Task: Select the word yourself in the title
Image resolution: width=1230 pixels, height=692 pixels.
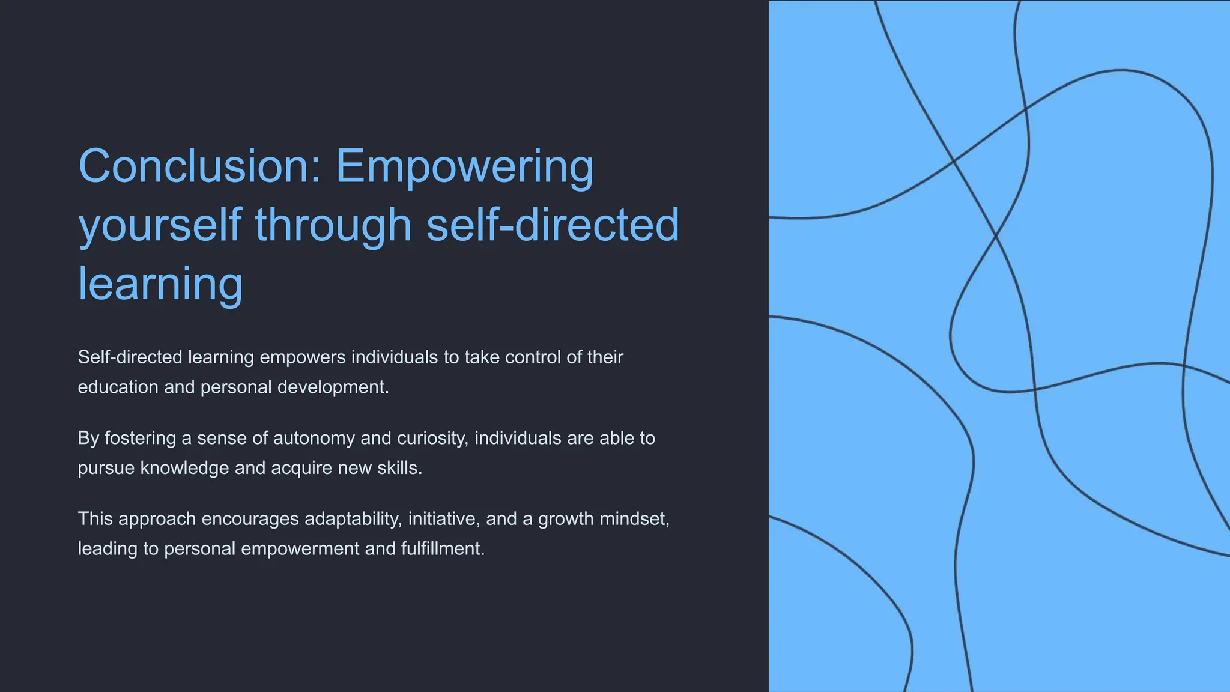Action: [160, 225]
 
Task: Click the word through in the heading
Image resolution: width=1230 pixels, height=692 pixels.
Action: [333, 225]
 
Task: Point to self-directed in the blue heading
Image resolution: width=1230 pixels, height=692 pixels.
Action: [553, 225]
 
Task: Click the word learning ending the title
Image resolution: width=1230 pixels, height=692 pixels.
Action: [160, 284]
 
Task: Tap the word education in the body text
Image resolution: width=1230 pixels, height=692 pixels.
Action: [118, 387]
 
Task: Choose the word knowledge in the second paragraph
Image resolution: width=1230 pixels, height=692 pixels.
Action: [184, 468]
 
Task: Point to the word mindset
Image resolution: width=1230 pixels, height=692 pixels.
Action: [634, 519]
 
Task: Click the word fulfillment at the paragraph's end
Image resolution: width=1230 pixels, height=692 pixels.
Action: [443, 549]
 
